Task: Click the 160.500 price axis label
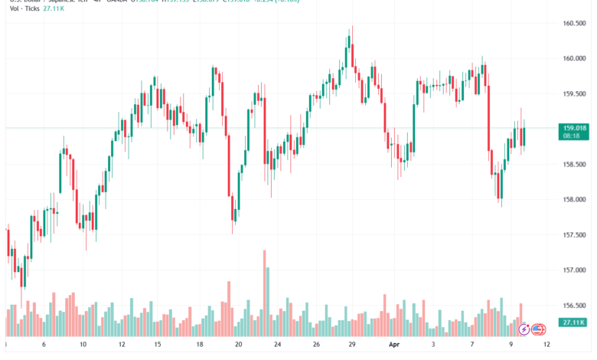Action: [x=573, y=23]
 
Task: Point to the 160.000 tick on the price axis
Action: [x=573, y=58]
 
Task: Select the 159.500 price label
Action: [x=573, y=93]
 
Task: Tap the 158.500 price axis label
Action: [x=573, y=164]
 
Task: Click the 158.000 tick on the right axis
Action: [x=573, y=199]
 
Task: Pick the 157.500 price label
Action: [x=573, y=235]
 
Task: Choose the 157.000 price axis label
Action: [x=573, y=270]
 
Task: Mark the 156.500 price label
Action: [x=573, y=306]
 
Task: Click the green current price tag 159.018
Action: [x=574, y=128]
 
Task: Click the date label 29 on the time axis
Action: [x=351, y=345]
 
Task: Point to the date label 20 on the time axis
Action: [x=239, y=345]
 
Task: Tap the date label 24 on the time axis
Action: [x=279, y=345]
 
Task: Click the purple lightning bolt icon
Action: [x=524, y=329]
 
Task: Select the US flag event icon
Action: [x=537, y=329]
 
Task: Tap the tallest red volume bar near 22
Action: [x=264, y=291]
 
